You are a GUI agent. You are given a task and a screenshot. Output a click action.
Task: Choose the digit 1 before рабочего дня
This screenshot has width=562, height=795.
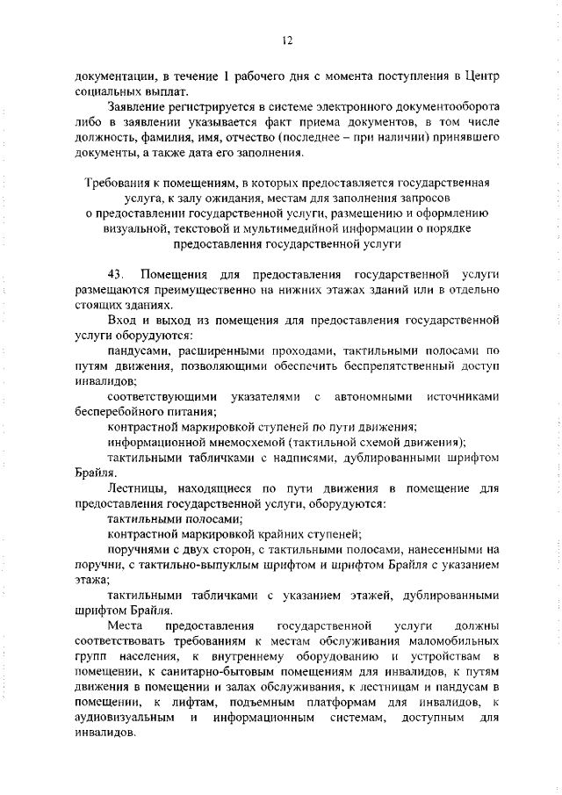point(226,76)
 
